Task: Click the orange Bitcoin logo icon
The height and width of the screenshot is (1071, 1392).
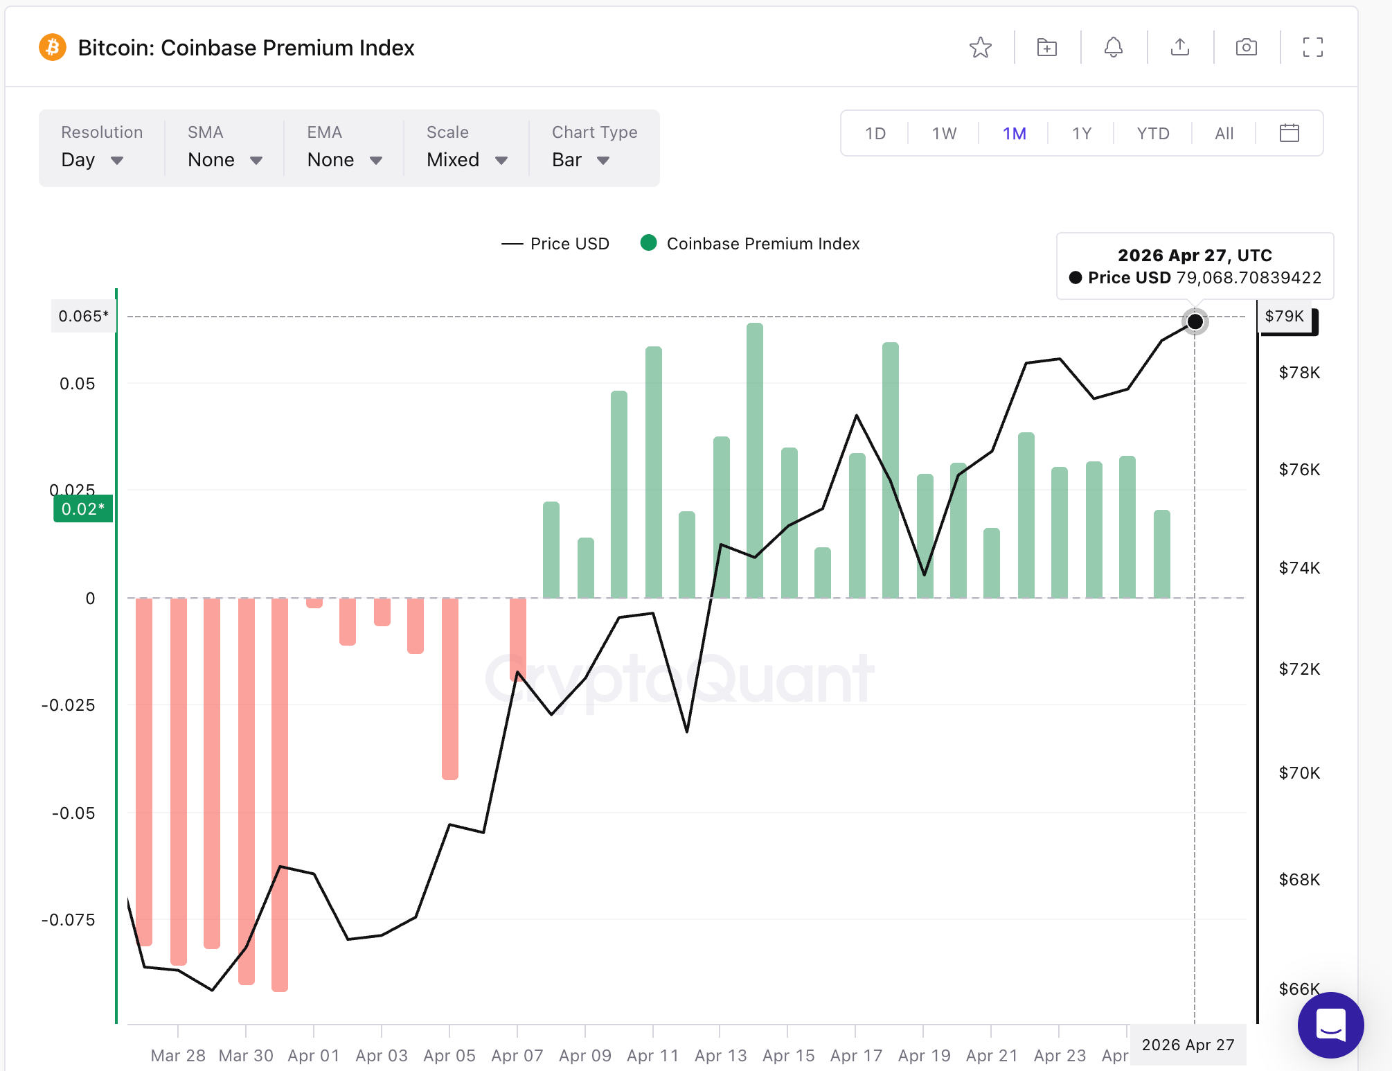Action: (53, 48)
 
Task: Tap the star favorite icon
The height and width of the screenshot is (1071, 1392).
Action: (980, 48)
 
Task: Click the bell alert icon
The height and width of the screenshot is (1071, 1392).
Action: (1113, 48)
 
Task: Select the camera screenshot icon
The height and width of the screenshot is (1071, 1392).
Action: (1246, 48)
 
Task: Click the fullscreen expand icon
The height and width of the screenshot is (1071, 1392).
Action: (1312, 48)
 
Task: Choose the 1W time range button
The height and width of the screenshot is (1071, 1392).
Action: (944, 134)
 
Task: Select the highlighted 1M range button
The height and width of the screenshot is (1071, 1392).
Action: (1014, 134)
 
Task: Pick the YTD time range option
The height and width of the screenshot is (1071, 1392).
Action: (1152, 134)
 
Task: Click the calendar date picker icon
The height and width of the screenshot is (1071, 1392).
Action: (1289, 133)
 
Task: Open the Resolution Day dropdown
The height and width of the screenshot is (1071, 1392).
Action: (92, 160)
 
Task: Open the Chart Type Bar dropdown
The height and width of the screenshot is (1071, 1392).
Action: (580, 160)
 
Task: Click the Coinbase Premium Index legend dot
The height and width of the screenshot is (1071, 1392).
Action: (649, 243)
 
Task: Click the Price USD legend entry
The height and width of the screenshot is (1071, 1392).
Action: (556, 244)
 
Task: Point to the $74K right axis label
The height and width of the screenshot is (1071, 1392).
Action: (1299, 568)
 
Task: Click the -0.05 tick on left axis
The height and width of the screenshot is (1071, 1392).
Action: (73, 813)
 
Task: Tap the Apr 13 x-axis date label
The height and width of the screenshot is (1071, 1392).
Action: (720, 1055)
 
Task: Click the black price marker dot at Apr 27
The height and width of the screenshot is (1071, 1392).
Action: (1195, 321)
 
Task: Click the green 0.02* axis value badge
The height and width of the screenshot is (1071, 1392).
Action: (83, 509)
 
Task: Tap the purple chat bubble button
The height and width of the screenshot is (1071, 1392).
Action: (1330, 1025)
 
